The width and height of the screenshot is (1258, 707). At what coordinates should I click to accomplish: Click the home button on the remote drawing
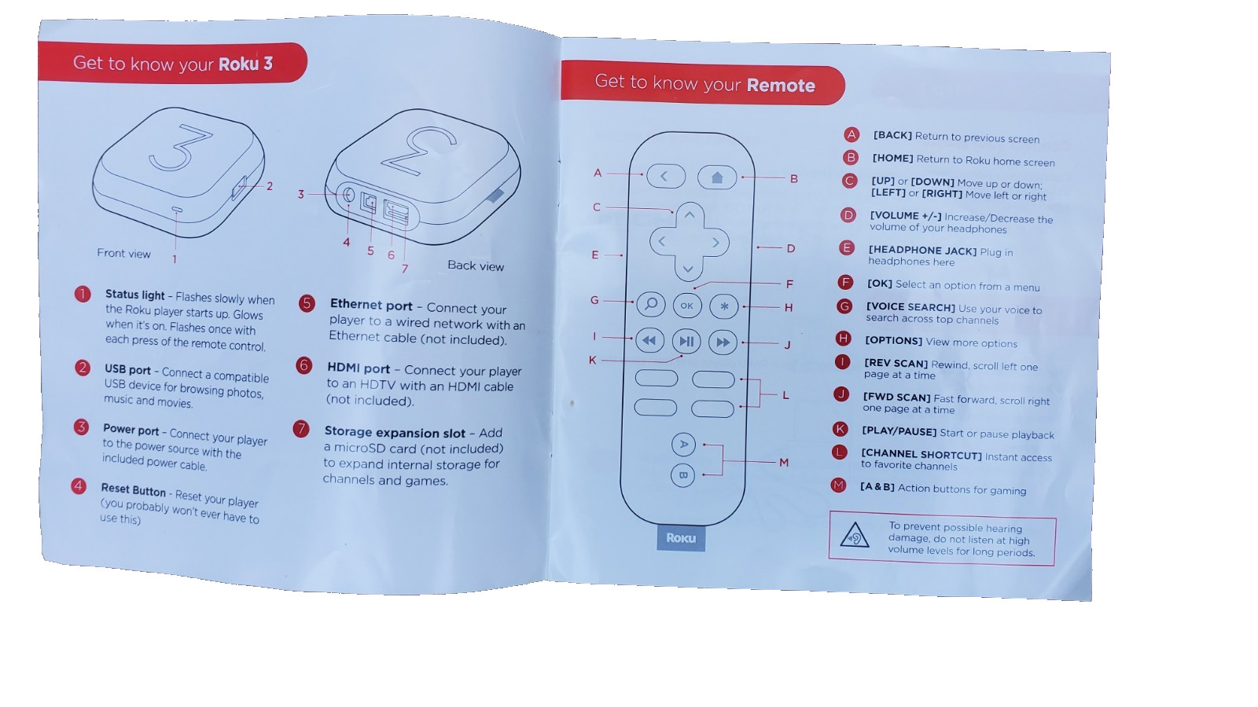[x=716, y=178]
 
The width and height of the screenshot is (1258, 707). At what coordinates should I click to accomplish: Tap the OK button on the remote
[x=687, y=306]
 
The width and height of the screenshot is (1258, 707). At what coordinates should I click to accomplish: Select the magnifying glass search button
[x=651, y=304]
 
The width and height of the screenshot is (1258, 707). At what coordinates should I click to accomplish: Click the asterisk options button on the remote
[x=724, y=307]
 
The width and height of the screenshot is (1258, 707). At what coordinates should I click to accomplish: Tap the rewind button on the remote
[x=649, y=340]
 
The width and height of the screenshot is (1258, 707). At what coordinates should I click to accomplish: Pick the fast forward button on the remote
[x=723, y=343]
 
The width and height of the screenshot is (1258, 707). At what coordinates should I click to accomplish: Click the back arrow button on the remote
[x=665, y=176]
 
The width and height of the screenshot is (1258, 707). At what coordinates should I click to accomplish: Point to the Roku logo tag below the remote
[x=681, y=538]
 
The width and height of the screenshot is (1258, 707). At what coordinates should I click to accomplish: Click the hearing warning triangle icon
[x=854, y=535]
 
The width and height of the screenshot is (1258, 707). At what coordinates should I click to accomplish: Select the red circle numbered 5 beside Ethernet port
[x=307, y=303]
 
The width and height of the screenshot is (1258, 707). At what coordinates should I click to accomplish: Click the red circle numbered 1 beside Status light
[x=83, y=294]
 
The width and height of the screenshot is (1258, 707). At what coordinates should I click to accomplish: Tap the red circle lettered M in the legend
[x=838, y=485]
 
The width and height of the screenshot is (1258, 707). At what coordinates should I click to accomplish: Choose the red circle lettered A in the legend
[x=852, y=134]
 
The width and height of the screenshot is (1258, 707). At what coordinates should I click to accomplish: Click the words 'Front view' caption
[x=123, y=253]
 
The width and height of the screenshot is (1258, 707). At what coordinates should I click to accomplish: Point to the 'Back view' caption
[x=476, y=266]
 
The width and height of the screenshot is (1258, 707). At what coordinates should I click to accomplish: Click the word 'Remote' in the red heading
[x=781, y=86]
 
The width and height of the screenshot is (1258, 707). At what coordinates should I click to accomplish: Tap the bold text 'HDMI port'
[x=359, y=368]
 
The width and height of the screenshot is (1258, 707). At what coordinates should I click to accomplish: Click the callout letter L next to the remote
[x=785, y=396]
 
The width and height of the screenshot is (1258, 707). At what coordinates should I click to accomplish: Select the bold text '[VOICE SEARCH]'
[x=910, y=307]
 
